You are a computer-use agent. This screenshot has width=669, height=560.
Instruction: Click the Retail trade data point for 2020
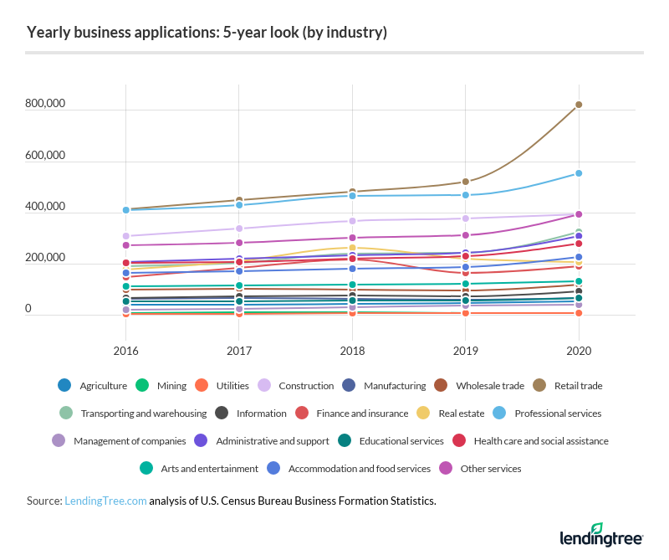coord(579,105)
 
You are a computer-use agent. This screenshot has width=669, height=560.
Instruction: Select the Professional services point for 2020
coord(579,173)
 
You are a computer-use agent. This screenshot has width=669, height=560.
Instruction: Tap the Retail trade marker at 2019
coord(466,182)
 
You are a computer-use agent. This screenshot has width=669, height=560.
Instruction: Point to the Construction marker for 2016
coord(125,236)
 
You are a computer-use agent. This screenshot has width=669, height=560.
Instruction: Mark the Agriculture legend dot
coord(64,386)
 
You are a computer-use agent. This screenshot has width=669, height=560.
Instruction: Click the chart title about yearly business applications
coord(207,33)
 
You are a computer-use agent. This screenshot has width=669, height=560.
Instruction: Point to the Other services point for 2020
coord(579,214)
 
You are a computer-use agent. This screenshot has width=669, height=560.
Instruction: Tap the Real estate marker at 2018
coord(352,248)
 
